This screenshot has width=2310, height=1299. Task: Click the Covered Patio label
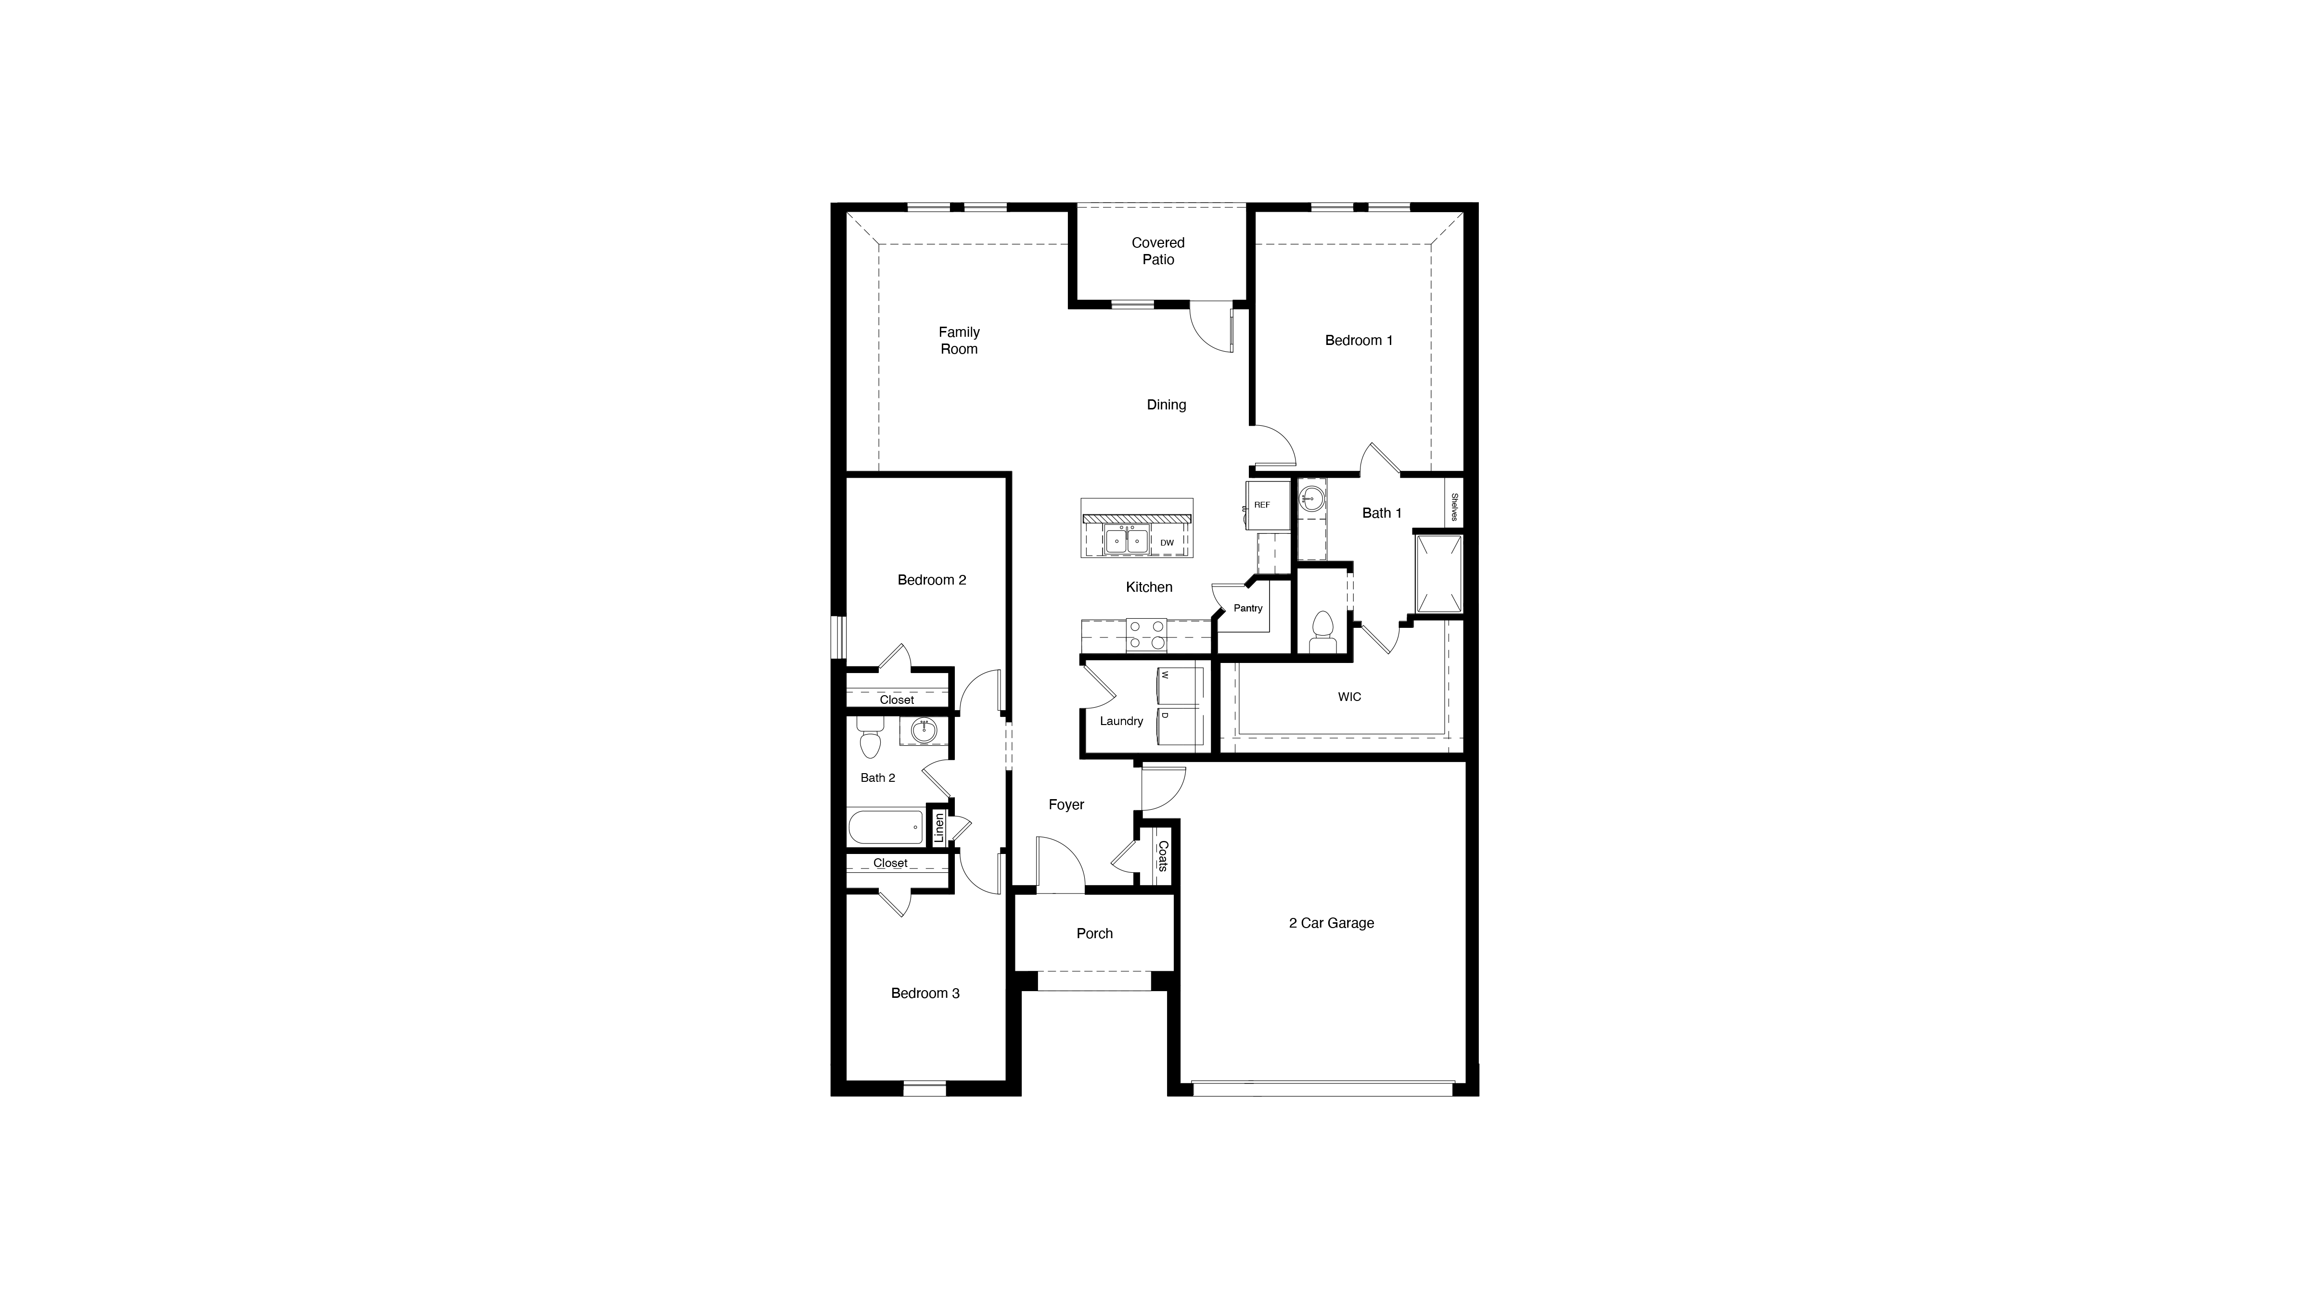click(1158, 251)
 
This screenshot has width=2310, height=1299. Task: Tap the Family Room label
click(959, 341)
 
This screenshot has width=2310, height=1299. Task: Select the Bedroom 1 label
click(1359, 341)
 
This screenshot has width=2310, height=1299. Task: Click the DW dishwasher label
click(1167, 542)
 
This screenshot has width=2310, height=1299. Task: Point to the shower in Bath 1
click(1438, 574)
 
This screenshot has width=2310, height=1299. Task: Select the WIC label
click(1348, 697)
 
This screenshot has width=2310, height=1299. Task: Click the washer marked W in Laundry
click(1181, 685)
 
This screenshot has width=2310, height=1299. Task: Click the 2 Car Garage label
click(1331, 923)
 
